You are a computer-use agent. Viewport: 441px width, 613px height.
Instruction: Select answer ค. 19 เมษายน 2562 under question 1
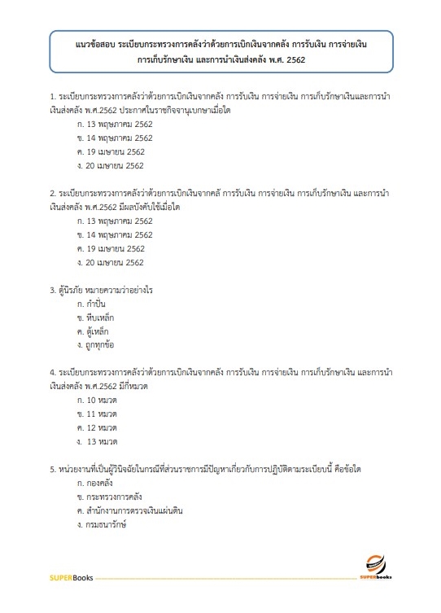click(x=110, y=151)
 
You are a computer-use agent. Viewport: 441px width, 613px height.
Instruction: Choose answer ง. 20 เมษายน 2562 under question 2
click(x=110, y=262)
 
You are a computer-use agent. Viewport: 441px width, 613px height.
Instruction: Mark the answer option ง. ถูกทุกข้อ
click(x=96, y=345)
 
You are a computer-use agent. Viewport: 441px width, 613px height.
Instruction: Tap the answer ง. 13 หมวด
click(x=97, y=442)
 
